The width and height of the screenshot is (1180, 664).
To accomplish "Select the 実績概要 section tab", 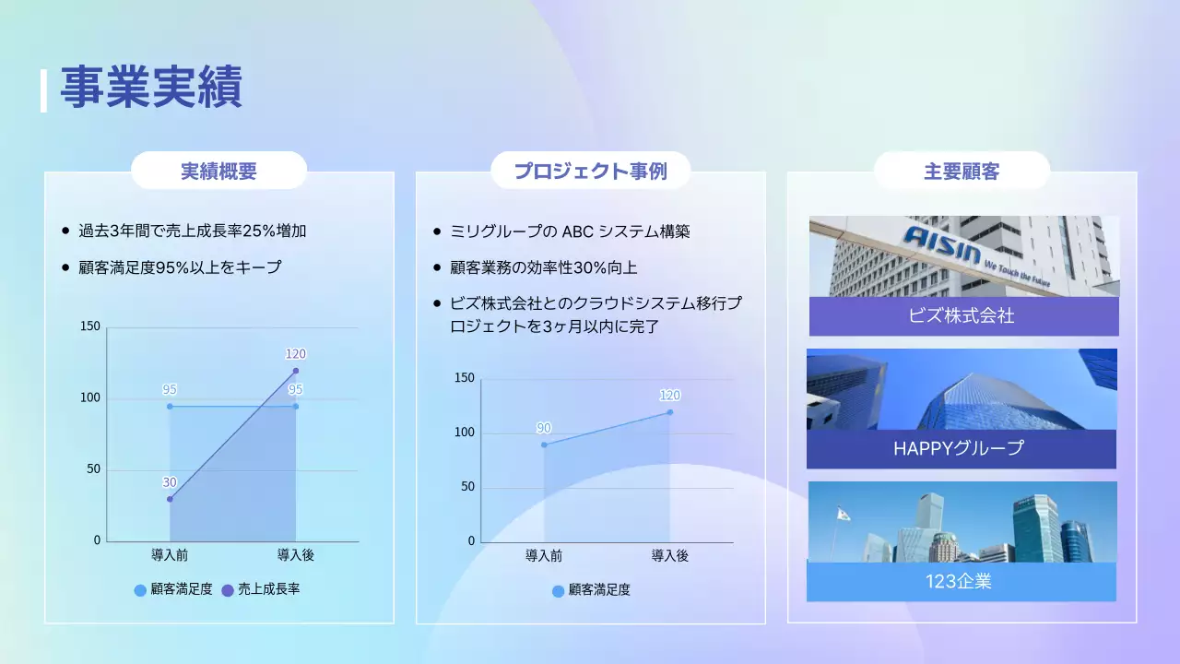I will click(x=218, y=171).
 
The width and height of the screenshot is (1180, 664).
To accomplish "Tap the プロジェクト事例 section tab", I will click(x=590, y=171).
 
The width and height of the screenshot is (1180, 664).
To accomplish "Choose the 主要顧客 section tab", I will click(x=962, y=171).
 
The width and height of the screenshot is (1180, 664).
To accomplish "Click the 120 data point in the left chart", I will click(x=295, y=371).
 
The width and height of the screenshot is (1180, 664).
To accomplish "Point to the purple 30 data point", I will click(x=170, y=499).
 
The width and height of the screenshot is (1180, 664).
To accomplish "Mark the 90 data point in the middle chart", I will click(x=544, y=445).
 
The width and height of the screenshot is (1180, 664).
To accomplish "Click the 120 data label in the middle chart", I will click(x=669, y=396).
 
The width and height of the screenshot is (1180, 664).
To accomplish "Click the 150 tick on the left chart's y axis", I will click(x=90, y=326).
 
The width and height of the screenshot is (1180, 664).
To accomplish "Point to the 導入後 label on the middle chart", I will click(x=669, y=555).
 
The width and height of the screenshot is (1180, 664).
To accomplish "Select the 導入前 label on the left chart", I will click(x=170, y=554).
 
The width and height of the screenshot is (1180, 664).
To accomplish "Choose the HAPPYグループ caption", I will click(x=959, y=449).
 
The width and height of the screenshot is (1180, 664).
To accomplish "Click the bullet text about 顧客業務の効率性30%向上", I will click(x=544, y=267).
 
